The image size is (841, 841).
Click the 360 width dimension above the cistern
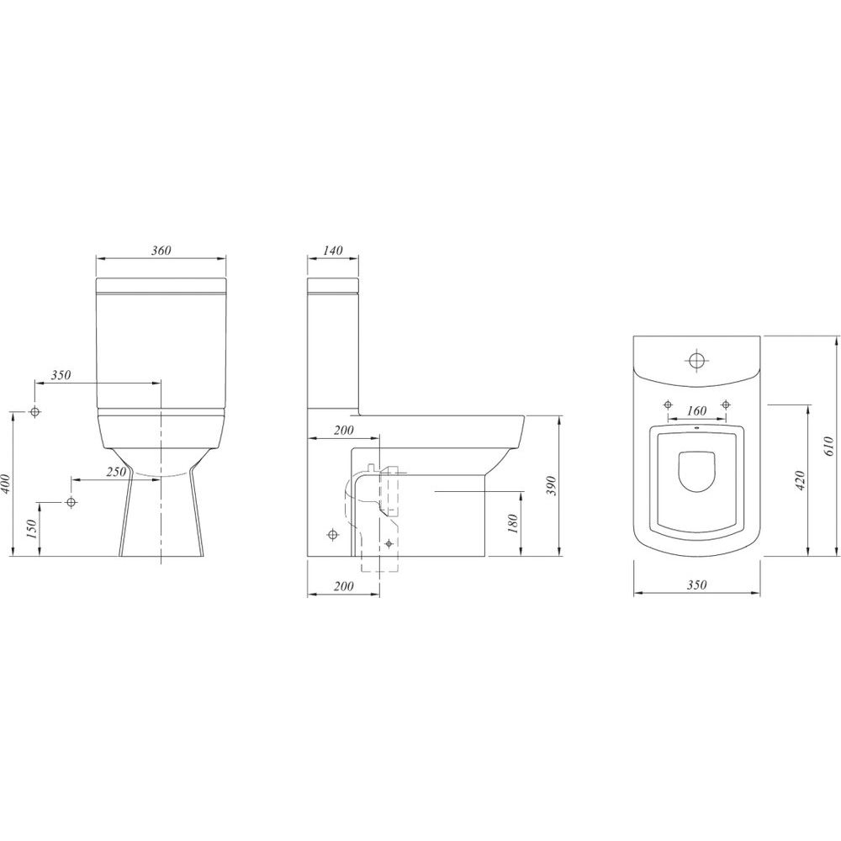[161, 251]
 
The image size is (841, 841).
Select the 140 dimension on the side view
[333, 251]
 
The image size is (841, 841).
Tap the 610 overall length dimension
[828, 447]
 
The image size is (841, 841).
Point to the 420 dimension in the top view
[801, 480]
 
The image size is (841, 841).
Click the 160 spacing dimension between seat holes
[696, 411]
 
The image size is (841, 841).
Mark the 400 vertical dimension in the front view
[6, 484]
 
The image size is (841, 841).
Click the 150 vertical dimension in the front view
[31, 529]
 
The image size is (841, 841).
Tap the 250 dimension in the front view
[116, 472]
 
